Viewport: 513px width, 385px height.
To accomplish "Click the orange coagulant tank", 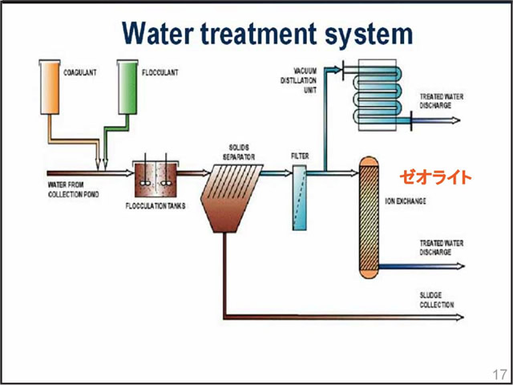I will point(50,84).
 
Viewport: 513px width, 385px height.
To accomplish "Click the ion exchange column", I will point(369,217).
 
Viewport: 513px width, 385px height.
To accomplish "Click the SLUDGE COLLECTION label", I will point(436,300).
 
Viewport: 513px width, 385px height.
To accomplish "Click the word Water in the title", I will point(164,34).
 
